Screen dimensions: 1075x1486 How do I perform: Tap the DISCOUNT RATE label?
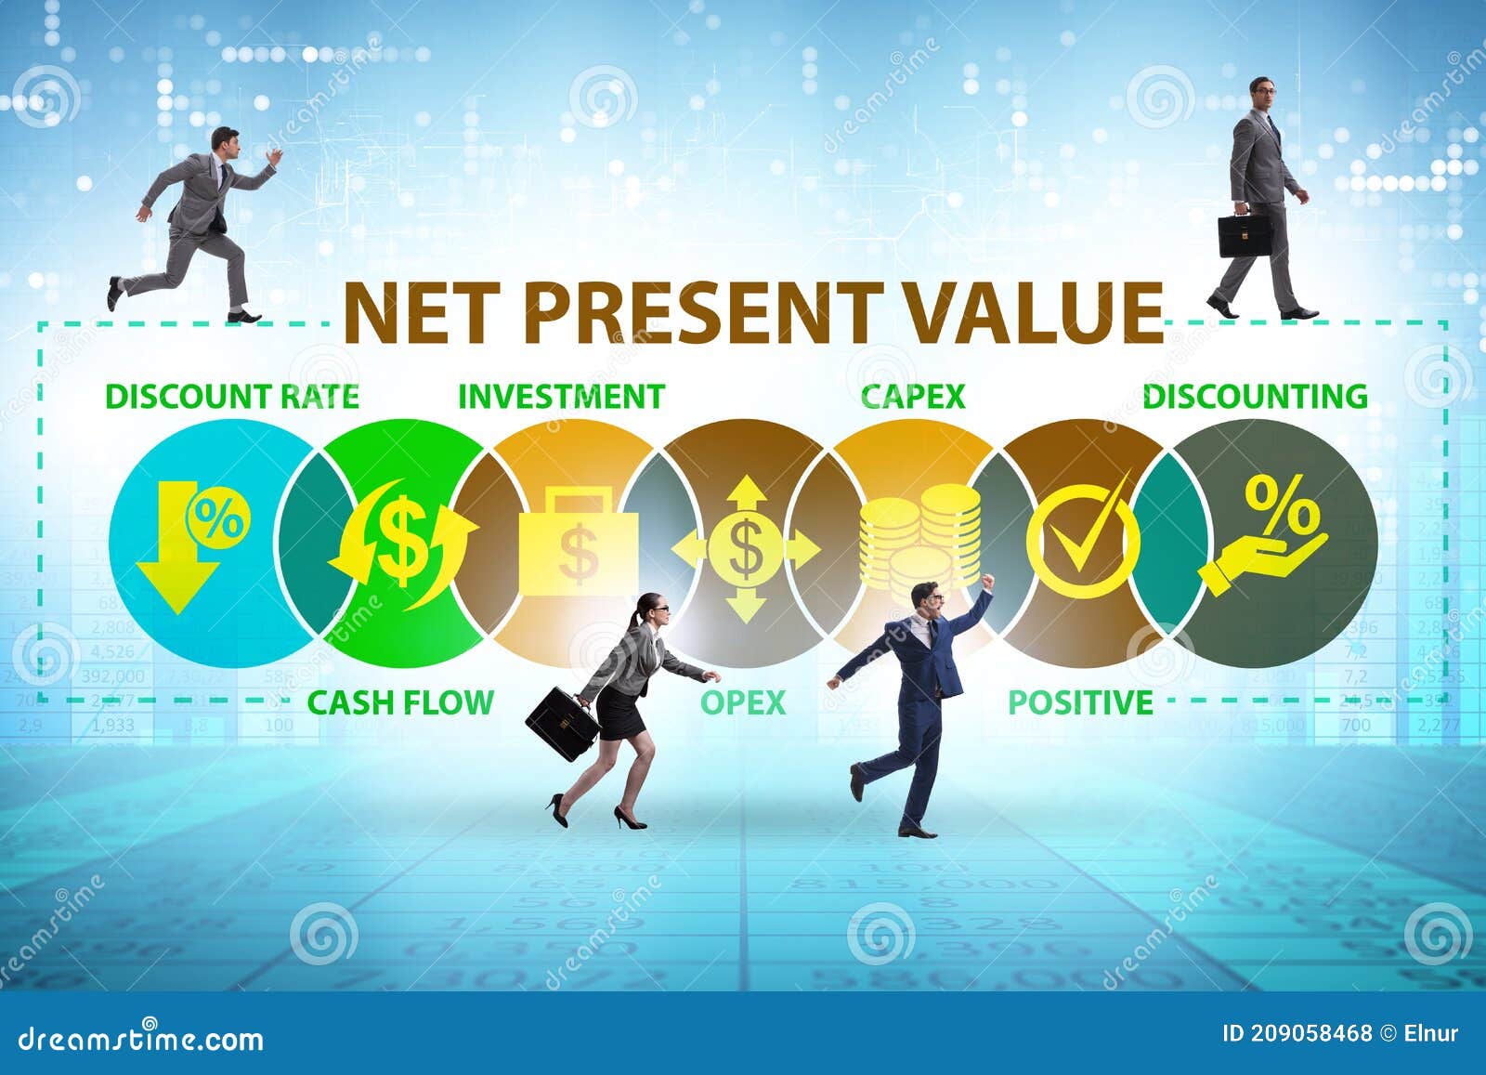pyautogui.click(x=232, y=397)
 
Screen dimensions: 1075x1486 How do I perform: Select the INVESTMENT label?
pyautogui.click(x=561, y=397)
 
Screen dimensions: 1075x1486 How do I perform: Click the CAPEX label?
pyautogui.click(x=913, y=397)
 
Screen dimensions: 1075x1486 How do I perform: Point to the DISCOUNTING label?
pyautogui.click(x=1255, y=397)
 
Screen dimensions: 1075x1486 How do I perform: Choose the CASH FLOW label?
pyautogui.click(x=400, y=702)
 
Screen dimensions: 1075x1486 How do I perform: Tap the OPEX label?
pyautogui.click(x=743, y=702)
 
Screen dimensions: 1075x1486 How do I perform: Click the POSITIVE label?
pyautogui.click(x=1080, y=702)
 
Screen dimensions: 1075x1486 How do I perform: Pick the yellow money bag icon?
pyautogui.click(x=579, y=544)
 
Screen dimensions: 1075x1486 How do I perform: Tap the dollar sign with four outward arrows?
pyautogui.click(x=745, y=548)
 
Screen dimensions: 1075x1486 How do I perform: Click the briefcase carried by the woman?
pyautogui.click(x=562, y=722)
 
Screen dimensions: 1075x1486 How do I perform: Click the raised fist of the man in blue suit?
pyautogui.click(x=987, y=582)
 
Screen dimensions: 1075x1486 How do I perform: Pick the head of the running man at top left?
pyautogui.click(x=224, y=140)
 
